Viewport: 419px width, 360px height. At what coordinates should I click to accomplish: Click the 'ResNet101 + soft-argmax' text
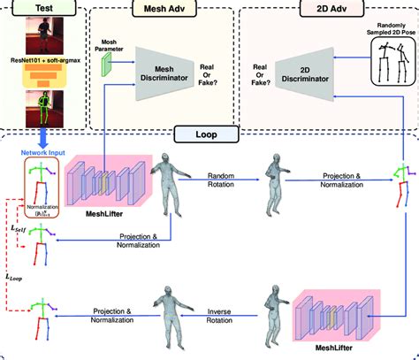pos(41,66)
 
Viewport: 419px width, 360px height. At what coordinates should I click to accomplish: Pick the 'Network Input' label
pos(41,152)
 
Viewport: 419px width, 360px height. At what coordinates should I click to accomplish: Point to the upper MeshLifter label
pos(89,236)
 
